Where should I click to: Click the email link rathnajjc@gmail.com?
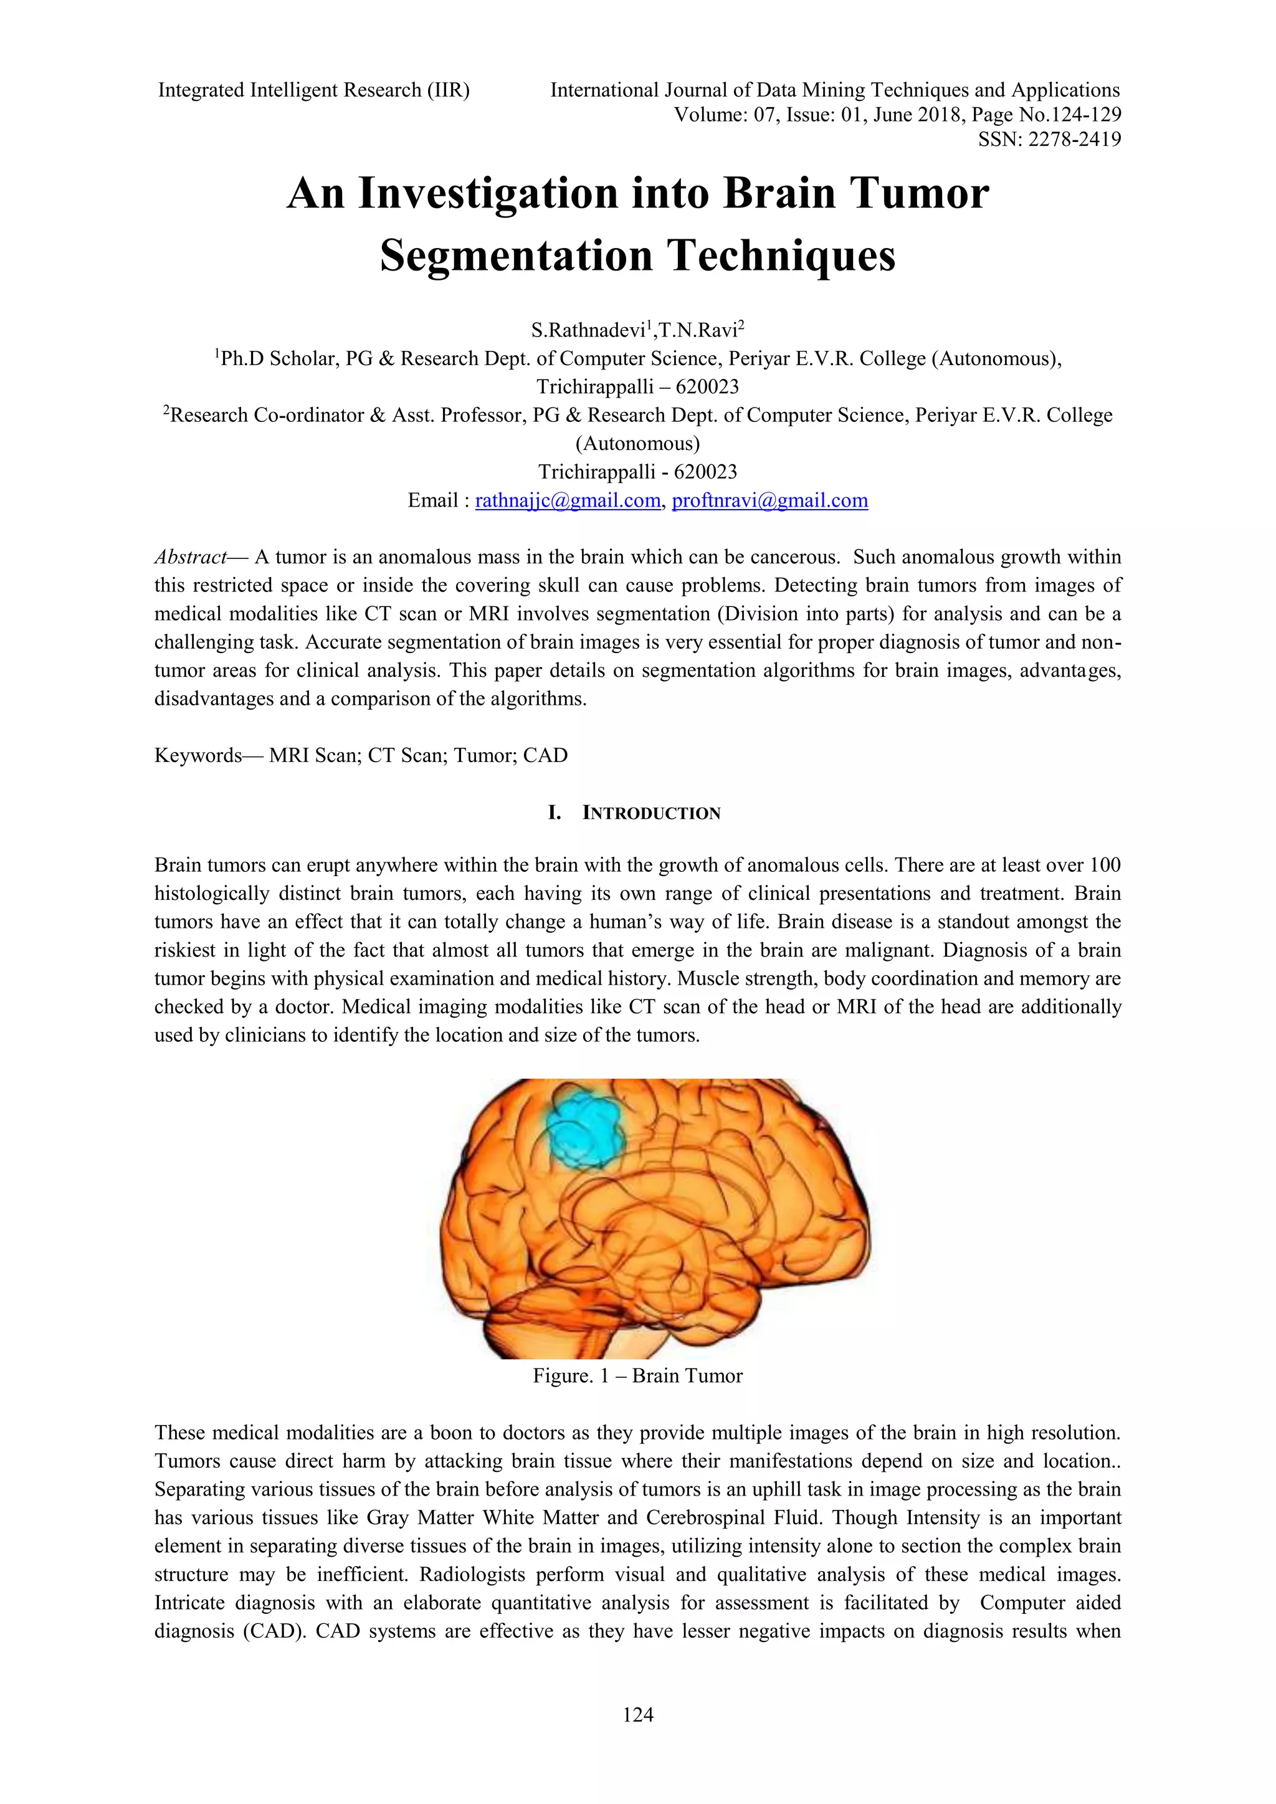coord(568,500)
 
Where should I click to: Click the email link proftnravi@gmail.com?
coord(770,500)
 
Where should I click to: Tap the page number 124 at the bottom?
coord(637,1714)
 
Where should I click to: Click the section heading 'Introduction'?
coord(650,813)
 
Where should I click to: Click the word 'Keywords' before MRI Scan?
coord(198,755)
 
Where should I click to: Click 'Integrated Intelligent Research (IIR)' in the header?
coord(313,90)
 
